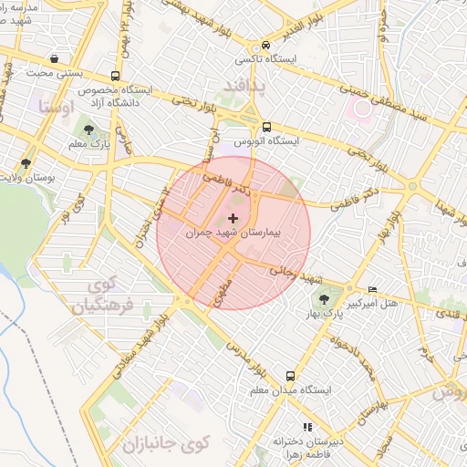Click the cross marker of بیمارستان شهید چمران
pyautogui.click(x=234, y=218)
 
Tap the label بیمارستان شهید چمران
pyautogui.click(x=234, y=233)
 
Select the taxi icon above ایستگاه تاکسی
pyautogui.click(x=265, y=44)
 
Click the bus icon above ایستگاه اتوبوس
pyautogui.click(x=265, y=127)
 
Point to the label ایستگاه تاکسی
pyautogui.click(x=265, y=58)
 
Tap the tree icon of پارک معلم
pyautogui.click(x=88, y=130)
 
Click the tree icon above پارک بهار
pyautogui.click(x=325, y=298)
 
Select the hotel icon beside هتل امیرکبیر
pyautogui.click(x=371, y=287)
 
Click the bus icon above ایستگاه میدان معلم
pyautogui.click(x=290, y=375)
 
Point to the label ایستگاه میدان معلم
pyautogui.click(x=290, y=389)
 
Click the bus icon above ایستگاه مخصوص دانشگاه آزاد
pyautogui.click(x=116, y=77)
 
